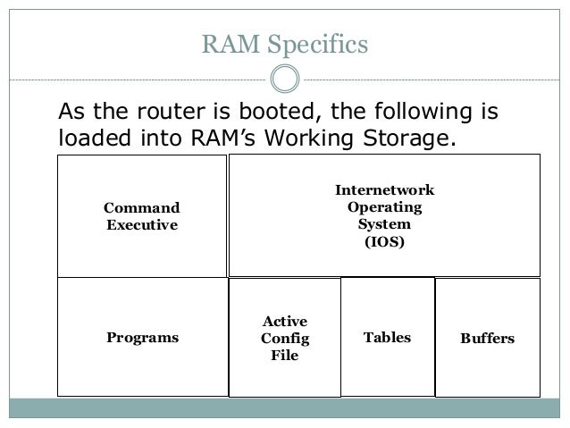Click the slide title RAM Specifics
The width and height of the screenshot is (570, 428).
click(284, 44)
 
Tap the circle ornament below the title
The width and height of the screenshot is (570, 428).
click(284, 80)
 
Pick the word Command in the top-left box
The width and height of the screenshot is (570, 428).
click(142, 207)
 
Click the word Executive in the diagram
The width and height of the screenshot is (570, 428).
click(142, 224)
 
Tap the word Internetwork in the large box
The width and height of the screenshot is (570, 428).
click(384, 190)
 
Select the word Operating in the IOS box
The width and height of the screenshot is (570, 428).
click(384, 207)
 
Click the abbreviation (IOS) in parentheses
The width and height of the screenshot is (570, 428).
click(384, 241)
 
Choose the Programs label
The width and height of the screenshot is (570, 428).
click(142, 338)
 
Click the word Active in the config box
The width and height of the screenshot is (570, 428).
click(284, 321)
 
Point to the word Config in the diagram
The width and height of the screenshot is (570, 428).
click(284, 339)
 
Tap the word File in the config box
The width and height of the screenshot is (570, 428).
click(284, 356)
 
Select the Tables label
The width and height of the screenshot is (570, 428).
click(387, 338)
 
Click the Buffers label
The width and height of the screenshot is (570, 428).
click(487, 339)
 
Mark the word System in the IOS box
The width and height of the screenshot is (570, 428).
click(384, 224)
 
